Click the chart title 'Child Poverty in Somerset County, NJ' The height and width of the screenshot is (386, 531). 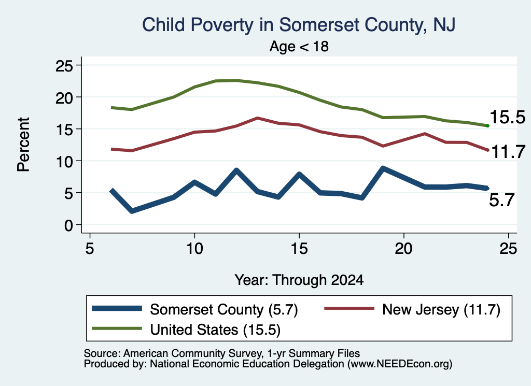tap(298, 25)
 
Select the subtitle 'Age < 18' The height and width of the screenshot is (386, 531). tap(299, 46)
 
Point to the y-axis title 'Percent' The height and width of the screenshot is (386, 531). tap(24, 145)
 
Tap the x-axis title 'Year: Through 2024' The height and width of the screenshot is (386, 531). tap(299, 280)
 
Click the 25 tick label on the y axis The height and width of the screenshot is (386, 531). tap(64, 65)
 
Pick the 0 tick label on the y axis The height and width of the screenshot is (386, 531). tap(69, 225)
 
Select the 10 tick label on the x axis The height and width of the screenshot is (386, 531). tap(194, 249)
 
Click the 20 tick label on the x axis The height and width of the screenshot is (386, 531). tap(403, 249)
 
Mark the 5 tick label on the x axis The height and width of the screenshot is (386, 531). tap(89, 249)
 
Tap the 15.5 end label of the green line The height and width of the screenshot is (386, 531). tap(507, 117)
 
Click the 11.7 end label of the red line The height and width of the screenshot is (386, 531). tap(508, 152)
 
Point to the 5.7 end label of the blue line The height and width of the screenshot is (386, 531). tap(502, 200)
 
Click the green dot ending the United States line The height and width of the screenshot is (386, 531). tap(487, 126)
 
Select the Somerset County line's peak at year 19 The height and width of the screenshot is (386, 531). tap(383, 168)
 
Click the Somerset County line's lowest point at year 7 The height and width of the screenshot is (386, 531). tap(132, 211)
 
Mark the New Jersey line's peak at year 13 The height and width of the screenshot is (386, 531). tap(258, 118)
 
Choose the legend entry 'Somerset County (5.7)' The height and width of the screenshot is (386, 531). tap(195, 309)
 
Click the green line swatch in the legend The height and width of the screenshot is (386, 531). tap(117, 328)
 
